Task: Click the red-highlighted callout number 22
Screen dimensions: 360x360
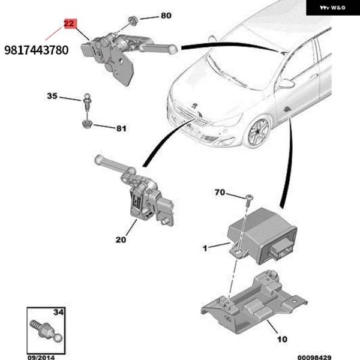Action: [70, 25]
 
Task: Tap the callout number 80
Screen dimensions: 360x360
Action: [166, 15]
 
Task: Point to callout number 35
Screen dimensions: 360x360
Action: [53, 96]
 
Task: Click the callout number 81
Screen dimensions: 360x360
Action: [121, 128]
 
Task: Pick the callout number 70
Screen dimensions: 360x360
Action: [220, 193]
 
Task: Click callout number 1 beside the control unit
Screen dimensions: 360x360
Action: [205, 247]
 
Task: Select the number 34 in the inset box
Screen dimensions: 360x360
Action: [58, 313]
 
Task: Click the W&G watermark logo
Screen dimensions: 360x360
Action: [332, 8]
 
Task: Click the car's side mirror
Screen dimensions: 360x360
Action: [286, 83]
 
